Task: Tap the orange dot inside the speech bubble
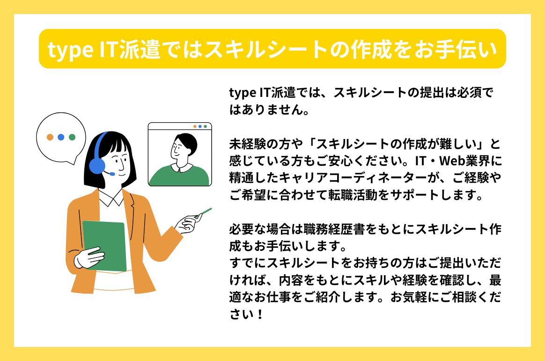click(50, 137)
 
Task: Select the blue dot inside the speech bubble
click(61, 137)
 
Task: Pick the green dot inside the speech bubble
click(72, 137)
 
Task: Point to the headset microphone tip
click(112, 174)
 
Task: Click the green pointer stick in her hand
click(205, 213)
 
